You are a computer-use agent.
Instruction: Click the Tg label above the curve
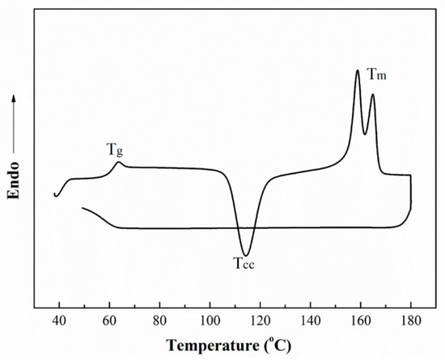115,150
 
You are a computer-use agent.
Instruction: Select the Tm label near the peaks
376,74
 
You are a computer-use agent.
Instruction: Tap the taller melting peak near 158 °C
357,71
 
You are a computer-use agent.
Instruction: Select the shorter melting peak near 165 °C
372,95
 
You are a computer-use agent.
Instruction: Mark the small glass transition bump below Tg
118,163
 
